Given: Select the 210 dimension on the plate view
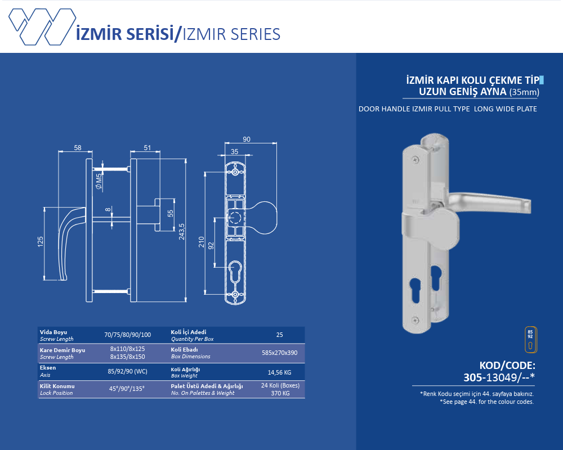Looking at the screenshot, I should pyautogui.click(x=201, y=242).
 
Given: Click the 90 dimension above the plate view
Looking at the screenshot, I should pyautogui.click(x=247, y=139).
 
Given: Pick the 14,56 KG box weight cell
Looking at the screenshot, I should pyautogui.click(x=279, y=372).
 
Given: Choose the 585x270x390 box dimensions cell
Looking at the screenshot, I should pyautogui.click(x=279, y=353).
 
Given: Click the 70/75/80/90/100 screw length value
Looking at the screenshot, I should pyautogui.click(x=128, y=335).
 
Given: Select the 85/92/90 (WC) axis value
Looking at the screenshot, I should pyautogui.click(x=128, y=371).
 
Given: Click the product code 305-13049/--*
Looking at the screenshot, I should pyautogui.click(x=498, y=377).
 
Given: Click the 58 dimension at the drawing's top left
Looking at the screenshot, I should pyautogui.click(x=77, y=148).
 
